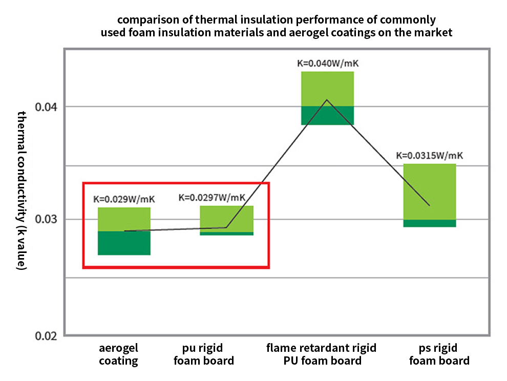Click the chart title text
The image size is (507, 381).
click(277, 27)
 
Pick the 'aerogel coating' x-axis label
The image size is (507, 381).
click(119, 354)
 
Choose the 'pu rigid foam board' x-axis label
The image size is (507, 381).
click(204, 354)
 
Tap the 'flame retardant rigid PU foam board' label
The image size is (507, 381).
click(322, 354)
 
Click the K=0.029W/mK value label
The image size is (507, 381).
click(124, 199)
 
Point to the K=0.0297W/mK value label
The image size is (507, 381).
click(212, 198)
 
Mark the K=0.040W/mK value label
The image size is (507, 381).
click(328, 63)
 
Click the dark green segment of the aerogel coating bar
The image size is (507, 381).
click(124, 243)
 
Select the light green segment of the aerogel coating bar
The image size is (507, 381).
click(124, 219)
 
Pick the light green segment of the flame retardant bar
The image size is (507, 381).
click(328, 87)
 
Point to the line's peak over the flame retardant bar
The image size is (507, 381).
click(327, 99)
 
